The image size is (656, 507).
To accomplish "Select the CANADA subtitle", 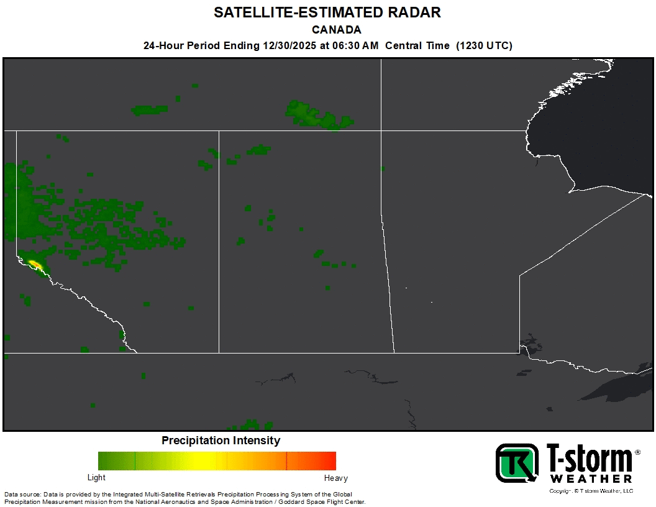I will click(336, 30).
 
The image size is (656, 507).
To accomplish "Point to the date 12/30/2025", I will click(289, 45).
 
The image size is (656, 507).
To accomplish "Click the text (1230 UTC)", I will click(485, 45).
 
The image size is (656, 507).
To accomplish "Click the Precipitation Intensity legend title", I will click(221, 441).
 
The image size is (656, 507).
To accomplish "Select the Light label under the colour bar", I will click(96, 478).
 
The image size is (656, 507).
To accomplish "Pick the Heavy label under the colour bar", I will click(336, 478).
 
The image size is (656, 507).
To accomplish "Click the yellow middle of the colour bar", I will click(205, 460).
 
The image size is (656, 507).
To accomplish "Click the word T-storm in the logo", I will click(588, 459).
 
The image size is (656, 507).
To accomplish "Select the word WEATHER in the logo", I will click(591, 479).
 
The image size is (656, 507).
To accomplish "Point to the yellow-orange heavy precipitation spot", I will click(35, 265).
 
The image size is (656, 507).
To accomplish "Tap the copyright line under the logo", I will click(591, 491).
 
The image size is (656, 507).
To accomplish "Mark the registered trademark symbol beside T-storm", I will click(637, 452).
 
